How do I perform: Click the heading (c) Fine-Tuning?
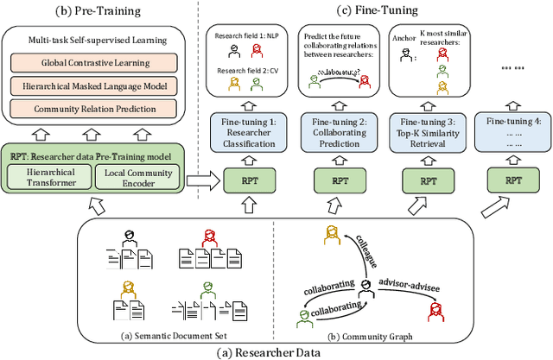380,9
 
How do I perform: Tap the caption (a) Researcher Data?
276,351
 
